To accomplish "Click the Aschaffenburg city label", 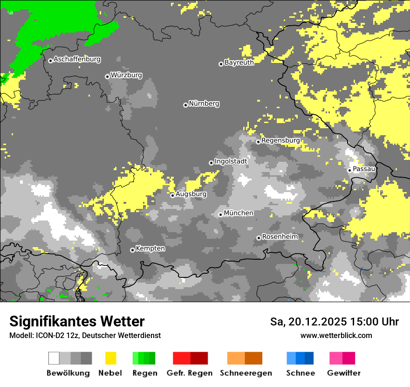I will [77, 59].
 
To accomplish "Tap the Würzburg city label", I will [126, 75].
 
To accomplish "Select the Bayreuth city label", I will [239, 62].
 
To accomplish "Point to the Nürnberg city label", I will [204, 104].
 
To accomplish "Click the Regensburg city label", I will [280, 140].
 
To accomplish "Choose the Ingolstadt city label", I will [231, 161].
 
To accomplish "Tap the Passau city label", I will [364, 169].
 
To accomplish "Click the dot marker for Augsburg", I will [172, 195].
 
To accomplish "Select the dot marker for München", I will [221, 214].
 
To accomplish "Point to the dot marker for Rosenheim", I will [259, 238].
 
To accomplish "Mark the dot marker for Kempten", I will [132, 250].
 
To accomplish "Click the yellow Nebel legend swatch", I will [110, 358].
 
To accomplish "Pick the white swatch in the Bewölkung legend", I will [54, 358].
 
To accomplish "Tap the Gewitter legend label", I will [344, 373].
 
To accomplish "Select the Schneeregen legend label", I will [246, 373].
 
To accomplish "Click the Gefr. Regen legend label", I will [190, 373].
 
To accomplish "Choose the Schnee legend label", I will [301, 373].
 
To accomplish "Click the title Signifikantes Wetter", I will [77, 321].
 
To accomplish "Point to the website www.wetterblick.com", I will [336, 336].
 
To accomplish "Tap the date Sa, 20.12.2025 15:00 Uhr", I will [335, 322].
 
